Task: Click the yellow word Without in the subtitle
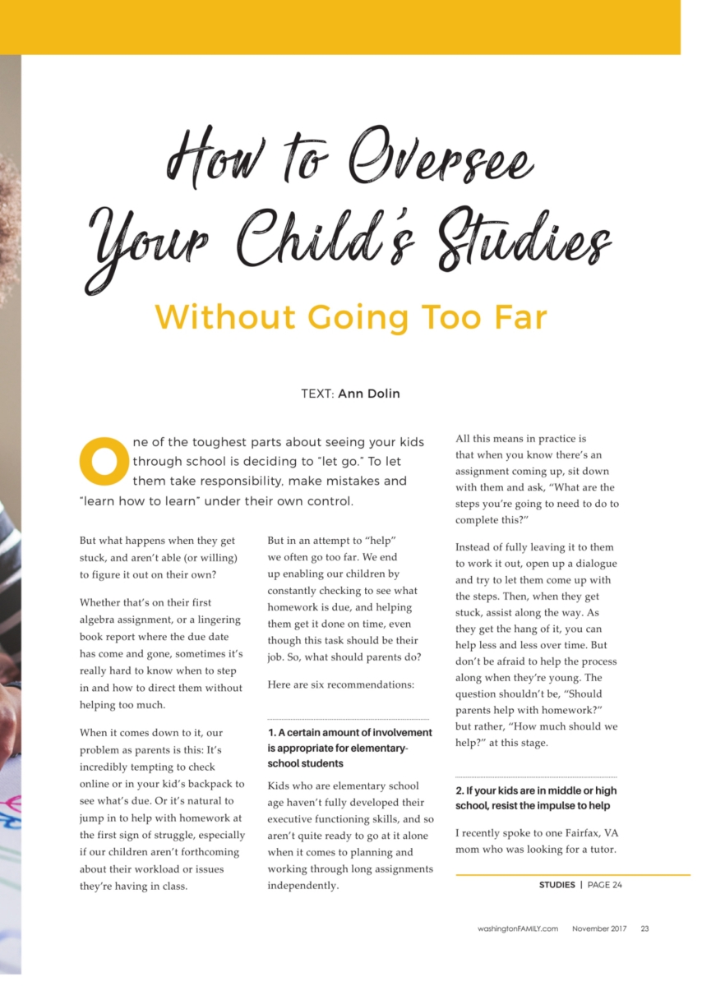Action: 225,316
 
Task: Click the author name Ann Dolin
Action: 369,394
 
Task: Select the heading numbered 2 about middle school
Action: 535,798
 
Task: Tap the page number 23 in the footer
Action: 644,929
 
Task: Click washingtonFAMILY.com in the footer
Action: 518,929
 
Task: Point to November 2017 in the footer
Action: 599,929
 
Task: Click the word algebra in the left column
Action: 98,620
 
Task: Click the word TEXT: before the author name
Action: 317,394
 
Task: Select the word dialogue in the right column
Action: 594,564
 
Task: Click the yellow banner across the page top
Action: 340,26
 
